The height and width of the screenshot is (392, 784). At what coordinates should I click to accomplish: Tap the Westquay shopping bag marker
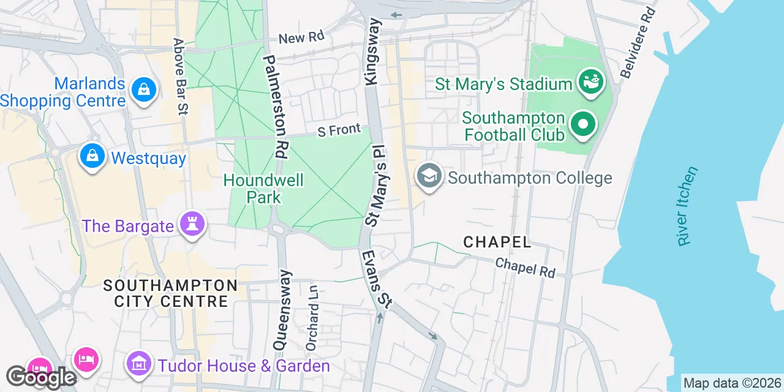tap(91, 157)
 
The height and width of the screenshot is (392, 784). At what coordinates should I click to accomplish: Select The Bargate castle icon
tap(192, 225)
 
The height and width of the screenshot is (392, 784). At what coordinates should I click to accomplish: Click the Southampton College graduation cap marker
tap(429, 176)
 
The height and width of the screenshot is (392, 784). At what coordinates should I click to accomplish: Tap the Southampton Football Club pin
tap(583, 125)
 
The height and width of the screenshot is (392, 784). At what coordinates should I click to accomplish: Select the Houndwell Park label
tap(263, 188)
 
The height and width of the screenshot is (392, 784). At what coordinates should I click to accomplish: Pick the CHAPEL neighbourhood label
tap(497, 242)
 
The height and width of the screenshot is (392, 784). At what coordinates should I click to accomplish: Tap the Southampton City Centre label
tap(170, 293)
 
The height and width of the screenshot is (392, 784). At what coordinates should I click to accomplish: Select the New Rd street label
tap(301, 38)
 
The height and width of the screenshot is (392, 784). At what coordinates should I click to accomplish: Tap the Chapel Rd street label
tap(525, 267)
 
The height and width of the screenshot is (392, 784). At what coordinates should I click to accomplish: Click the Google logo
tap(40, 377)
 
